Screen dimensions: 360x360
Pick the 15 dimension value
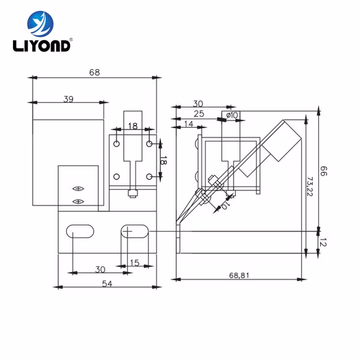click(135, 262)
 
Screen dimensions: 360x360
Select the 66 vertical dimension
click(323, 171)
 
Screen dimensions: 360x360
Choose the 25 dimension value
click(198, 114)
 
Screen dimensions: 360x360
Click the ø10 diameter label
click(231, 115)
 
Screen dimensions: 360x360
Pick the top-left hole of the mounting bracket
click(117, 143)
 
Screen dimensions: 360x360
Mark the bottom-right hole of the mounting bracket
click(150, 177)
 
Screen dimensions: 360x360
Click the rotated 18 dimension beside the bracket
click(164, 160)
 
